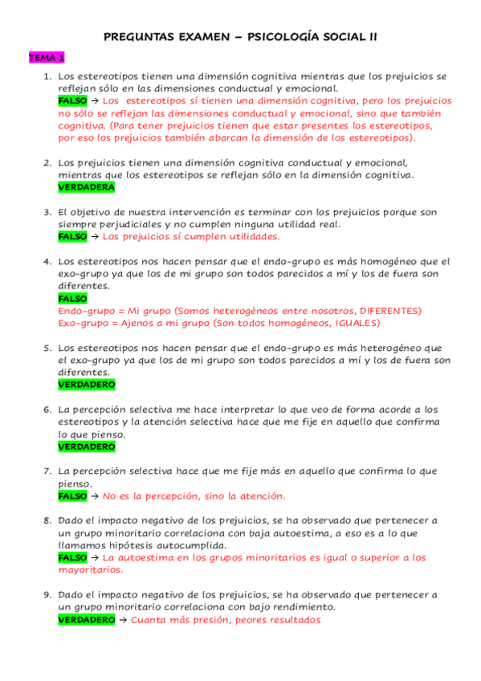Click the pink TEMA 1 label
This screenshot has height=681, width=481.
(x=47, y=58)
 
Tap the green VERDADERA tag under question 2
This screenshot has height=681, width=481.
(x=87, y=187)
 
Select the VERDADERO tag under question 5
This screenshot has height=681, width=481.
(x=87, y=385)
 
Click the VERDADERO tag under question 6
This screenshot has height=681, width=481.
(x=87, y=447)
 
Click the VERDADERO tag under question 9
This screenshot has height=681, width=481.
(x=87, y=620)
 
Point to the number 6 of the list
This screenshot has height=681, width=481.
(x=47, y=410)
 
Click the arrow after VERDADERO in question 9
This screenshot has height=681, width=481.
(x=123, y=620)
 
